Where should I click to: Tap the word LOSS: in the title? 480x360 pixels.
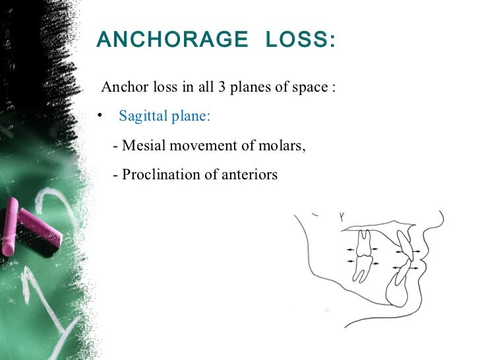pos(300,41)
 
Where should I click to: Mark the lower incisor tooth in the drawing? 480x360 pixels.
pos(402,273)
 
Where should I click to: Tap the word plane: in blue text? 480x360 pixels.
pos(192,117)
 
